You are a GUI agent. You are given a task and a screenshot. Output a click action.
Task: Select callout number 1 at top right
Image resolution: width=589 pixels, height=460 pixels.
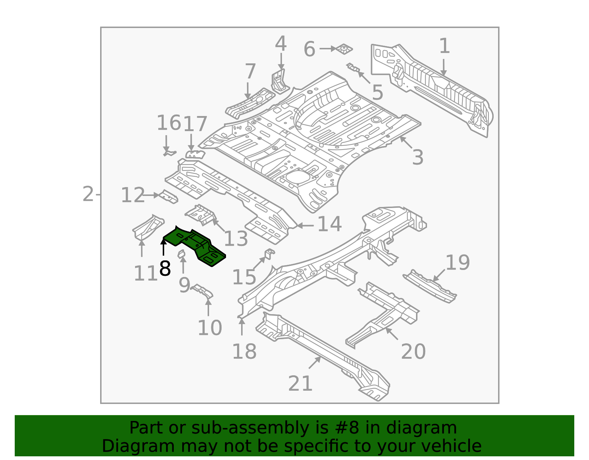tap(444, 46)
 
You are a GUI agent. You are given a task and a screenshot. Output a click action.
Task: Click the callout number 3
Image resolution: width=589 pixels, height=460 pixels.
tap(417, 157)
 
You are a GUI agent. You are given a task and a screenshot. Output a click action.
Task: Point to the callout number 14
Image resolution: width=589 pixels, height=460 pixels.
tap(329, 224)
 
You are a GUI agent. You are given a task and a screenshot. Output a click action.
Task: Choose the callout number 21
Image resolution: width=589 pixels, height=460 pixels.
tap(300, 383)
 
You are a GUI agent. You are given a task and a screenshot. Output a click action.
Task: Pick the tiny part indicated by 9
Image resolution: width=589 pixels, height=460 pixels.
tap(181, 254)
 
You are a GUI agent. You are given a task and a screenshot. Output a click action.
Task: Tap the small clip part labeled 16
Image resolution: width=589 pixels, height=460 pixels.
tap(169, 152)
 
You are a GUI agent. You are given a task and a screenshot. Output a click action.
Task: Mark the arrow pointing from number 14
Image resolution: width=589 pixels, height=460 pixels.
tap(305, 225)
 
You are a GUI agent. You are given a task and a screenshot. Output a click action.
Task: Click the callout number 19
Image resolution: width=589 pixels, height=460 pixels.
tap(458, 263)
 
